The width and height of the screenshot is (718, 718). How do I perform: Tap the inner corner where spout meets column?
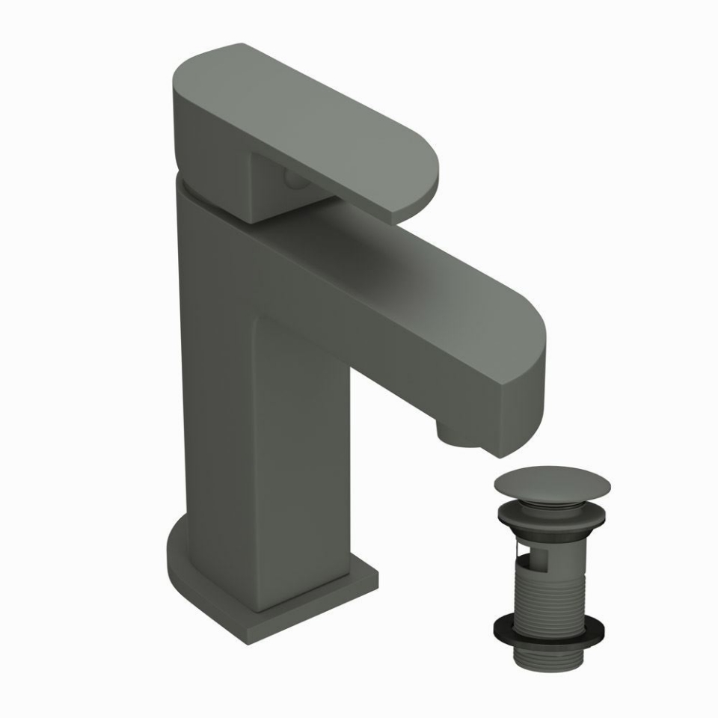point(258,322)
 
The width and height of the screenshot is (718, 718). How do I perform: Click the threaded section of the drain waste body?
point(553,587)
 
